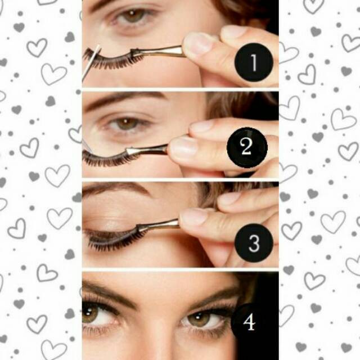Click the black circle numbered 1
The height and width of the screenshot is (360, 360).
click(254, 62)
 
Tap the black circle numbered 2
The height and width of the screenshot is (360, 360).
click(247, 147)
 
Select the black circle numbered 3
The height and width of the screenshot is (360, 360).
click(254, 243)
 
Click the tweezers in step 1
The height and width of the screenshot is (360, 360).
click(159, 51)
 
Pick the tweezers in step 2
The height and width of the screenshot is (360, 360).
click(147, 150)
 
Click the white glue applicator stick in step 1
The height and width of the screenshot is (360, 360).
click(91, 62)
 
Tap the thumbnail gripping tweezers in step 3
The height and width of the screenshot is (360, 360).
click(193, 216)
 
